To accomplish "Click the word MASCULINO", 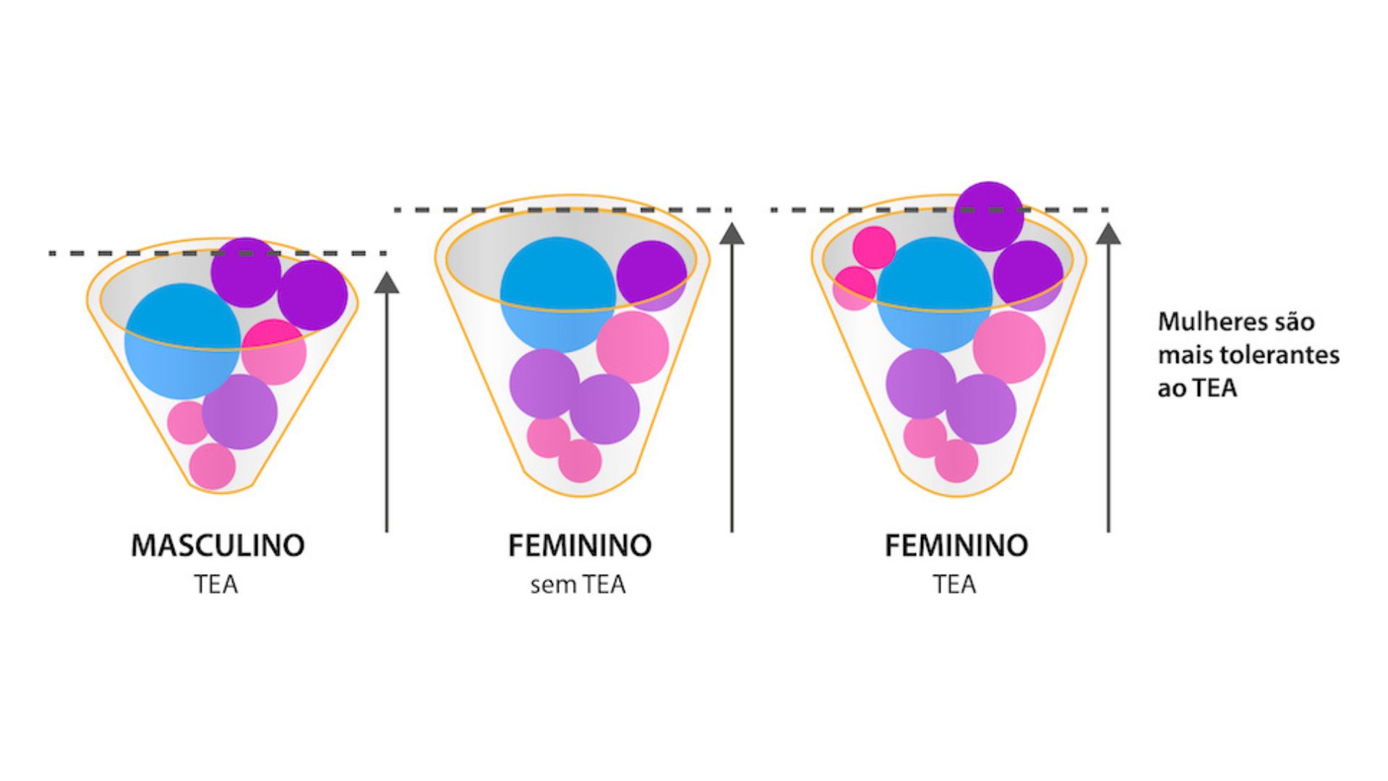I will (x=218, y=545).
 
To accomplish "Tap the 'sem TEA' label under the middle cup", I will (x=578, y=584).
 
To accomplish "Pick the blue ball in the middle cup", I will (x=557, y=294).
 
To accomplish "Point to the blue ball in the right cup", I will (x=934, y=294).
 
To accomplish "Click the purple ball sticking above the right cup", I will (x=988, y=216).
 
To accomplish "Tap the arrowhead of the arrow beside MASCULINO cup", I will (x=387, y=282).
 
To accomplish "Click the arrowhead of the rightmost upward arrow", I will (x=1108, y=233).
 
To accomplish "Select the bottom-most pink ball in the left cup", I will (x=213, y=466).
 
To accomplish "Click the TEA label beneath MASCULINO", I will (x=215, y=584).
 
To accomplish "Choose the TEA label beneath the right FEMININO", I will (x=954, y=584).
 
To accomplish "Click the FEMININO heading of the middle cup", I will (x=580, y=545).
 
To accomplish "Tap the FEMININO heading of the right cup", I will (x=956, y=545).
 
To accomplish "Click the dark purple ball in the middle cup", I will (x=651, y=276).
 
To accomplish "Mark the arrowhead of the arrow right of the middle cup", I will (x=732, y=233).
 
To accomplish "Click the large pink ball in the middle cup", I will (x=633, y=347).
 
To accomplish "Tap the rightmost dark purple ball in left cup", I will (x=312, y=295).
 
